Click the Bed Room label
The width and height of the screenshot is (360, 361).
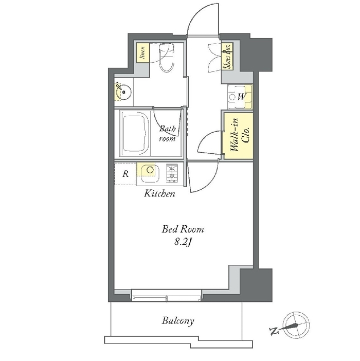[x=183, y=229]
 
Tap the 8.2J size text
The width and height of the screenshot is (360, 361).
[x=183, y=242]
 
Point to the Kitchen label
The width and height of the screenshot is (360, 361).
[x=159, y=194]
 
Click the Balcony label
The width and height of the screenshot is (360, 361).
[x=178, y=321]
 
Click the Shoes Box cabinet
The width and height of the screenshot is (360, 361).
[x=227, y=57]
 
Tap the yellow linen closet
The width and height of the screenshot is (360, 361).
[x=142, y=53]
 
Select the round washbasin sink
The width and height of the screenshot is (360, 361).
[x=123, y=92]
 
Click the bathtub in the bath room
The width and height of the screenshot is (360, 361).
[x=135, y=133]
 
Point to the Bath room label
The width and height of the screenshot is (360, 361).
[x=168, y=134]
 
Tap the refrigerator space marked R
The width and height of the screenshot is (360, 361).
[x=125, y=174]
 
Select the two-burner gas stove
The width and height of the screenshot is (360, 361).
[x=172, y=173]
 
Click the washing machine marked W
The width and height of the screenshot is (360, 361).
[x=240, y=97]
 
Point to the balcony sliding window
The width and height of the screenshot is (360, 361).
[x=167, y=296]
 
